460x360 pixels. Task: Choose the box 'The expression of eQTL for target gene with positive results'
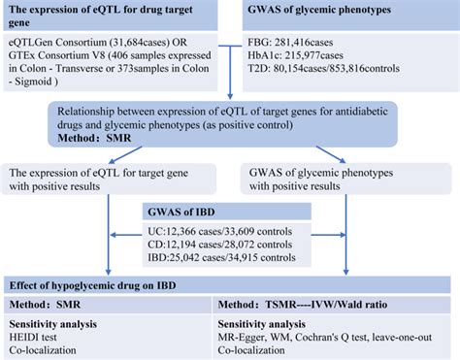pyautogui.click(x=87, y=180)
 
